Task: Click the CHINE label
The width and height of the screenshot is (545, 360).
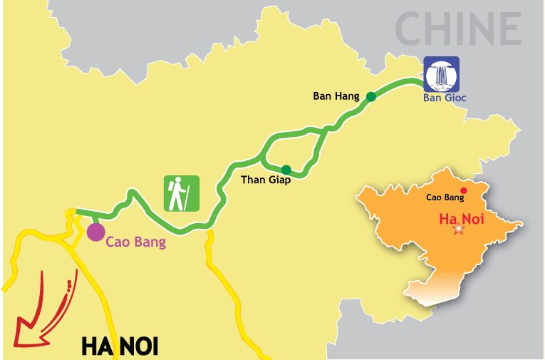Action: pos(458,29)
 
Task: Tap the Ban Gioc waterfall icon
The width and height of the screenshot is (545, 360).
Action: pos(442,74)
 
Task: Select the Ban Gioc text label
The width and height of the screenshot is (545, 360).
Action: pos(445,98)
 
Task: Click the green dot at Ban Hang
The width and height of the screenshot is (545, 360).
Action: pos(370,96)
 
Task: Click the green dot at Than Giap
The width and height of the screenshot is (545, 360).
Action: pos(286,169)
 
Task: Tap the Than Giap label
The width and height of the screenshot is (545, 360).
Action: pos(264,180)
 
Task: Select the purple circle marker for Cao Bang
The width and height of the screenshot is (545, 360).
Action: pos(95,231)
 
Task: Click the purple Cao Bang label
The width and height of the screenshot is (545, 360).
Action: pos(135,242)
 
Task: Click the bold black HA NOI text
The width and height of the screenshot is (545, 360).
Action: pos(119,346)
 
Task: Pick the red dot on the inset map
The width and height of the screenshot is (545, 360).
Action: pos(464,190)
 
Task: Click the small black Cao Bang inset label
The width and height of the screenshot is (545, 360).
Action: pos(445,197)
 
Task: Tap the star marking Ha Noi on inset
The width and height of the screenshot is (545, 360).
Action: pos(458,229)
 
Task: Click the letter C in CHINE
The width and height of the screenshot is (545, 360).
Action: pos(412,29)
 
